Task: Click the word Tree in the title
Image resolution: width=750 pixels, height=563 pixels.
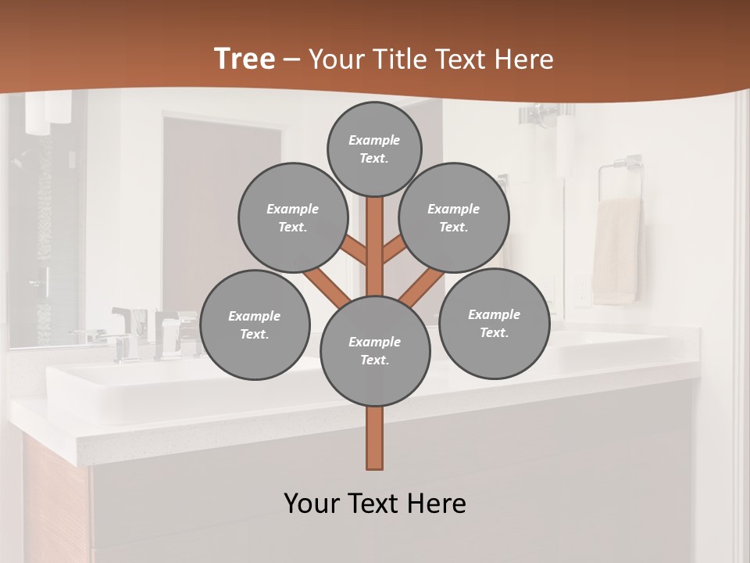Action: [x=244, y=59]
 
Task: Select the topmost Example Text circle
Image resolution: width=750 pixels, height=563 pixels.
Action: [x=374, y=149]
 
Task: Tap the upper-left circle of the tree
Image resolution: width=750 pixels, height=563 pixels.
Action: [x=292, y=218]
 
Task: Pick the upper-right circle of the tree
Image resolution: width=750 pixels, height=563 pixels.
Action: [x=454, y=218]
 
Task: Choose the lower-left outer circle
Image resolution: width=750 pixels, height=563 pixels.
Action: [x=255, y=325]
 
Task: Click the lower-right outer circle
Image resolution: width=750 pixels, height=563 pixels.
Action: [x=494, y=324]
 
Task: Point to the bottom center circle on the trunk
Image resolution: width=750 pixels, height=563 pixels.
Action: [x=375, y=351]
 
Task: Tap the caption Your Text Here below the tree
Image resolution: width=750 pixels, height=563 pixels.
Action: [x=375, y=504]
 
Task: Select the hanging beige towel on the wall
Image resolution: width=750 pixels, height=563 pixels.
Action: [x=616, y=250]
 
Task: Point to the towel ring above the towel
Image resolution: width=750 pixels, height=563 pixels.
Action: [x=620, y=176]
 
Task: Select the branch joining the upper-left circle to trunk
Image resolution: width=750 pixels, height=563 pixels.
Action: [x=355, y=252]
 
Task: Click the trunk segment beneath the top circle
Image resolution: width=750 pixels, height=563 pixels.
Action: [x=375, y=235]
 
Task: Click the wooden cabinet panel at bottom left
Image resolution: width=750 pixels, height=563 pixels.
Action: [x=55, y=500]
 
